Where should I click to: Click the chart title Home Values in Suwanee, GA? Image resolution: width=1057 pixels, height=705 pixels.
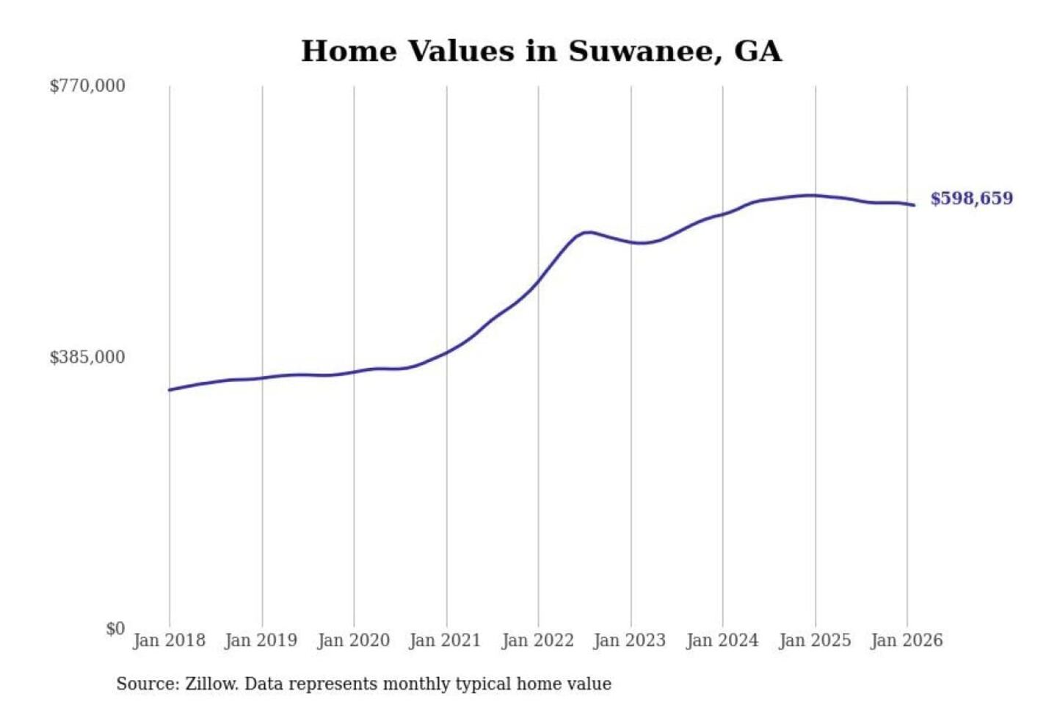[541, 51]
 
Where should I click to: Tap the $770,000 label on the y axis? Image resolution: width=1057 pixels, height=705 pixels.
[87, 86]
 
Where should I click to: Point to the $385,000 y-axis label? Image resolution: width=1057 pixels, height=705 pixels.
[87, 358]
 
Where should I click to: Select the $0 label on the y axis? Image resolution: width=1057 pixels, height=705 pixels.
[115, 629]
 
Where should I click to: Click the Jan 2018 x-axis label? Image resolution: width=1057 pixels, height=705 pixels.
[169, 640]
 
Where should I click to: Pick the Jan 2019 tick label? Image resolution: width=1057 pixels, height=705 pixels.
[261, 640]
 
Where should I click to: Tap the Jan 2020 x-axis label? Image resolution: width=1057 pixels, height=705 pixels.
[353, 640]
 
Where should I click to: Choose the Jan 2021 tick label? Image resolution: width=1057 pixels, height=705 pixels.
[445, 640]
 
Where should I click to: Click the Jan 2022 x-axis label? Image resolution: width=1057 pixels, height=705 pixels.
[537, 640]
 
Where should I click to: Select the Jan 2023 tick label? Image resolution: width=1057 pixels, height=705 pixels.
[629, 640]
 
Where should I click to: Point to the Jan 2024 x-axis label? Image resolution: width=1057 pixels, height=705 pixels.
[722, 640]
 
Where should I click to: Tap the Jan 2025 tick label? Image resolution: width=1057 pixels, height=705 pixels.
[814, 640]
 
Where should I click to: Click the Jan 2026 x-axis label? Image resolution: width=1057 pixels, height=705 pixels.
[906, 640]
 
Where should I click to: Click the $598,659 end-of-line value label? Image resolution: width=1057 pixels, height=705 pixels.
[971, 199]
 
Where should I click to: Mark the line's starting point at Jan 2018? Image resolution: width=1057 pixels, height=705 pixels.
[170, 390]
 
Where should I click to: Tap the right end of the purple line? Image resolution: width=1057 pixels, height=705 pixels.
[914, 205]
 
